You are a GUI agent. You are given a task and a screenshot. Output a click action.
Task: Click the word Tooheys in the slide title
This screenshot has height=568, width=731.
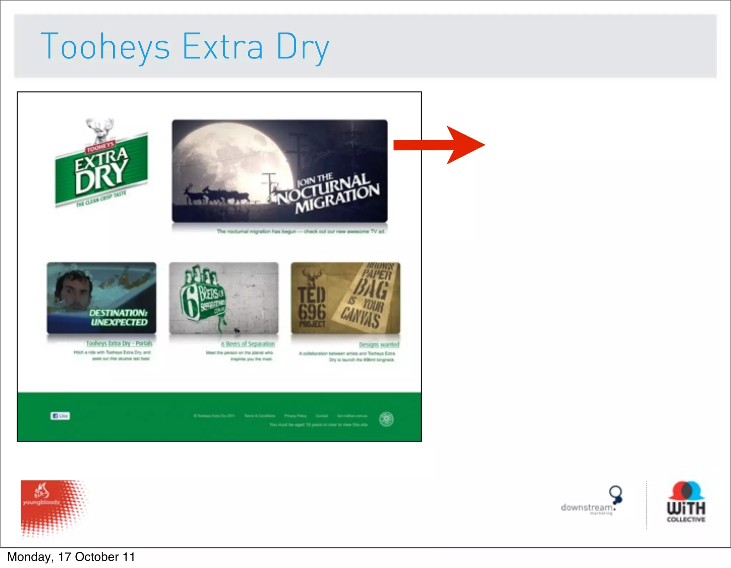(x=105, y=47)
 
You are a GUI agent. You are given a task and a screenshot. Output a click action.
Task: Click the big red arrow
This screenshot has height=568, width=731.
(x=439, y=145)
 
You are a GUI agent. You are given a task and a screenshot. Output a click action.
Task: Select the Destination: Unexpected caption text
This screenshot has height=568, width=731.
(x=119, y=318)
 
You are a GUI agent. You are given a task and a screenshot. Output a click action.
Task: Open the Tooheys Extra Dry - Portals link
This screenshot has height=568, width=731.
(x=119, y=343)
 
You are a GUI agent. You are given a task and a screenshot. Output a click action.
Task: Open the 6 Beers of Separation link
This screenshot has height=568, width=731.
(x=248, y=344)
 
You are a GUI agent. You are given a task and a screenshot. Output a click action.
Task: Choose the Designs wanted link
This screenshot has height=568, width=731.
(x=379, y=345)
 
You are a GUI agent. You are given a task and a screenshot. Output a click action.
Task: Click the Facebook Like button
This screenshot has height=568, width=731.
(x=60, y=416)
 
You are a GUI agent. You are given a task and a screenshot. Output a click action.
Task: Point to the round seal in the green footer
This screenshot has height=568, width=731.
(x=386, y=419)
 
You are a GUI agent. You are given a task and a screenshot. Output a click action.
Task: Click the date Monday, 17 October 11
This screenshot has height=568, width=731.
(x=71, y=557)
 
